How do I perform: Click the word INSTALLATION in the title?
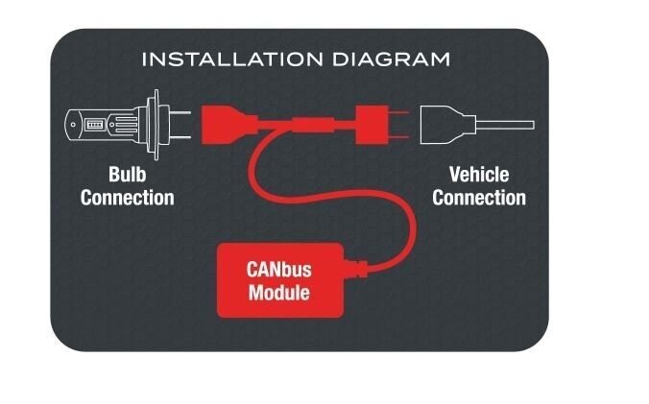[x=232, y=59]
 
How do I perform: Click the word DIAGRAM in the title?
[x=391, y=59]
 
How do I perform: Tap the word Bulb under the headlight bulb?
[x=128, y=175]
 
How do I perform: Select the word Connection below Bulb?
[x=128, y=198]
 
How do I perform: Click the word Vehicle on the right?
[x=479, y=175]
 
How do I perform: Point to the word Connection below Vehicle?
[x=479, y=198]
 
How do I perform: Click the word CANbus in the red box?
[x=279, y=270]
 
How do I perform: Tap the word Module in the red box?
[x=279, y=293]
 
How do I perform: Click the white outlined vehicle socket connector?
[x=447, y=125]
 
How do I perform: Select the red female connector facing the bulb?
[x=228, y=125]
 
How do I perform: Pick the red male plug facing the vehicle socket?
[x=373, y=125]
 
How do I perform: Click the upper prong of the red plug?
[x=398, y=112]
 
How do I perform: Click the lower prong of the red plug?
[x=398, y=137]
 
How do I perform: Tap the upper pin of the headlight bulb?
[x=180, y=112]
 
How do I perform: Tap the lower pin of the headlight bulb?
[x=180, y=137]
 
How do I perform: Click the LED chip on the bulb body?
[x=94, y=125]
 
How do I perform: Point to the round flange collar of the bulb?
[x=156, y=125]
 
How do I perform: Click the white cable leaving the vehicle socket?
[x=505, y=125]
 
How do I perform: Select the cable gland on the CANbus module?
[x=356, y=269]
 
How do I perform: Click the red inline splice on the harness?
[x=313, y=125]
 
